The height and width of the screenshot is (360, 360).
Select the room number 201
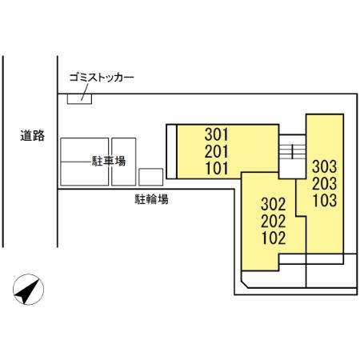pyautogui.click(x=217, y=152)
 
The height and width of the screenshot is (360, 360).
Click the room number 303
pyautogui.click(x=324, y=168)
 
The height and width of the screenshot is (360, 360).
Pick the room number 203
pyautogui.click(x=324, y=184)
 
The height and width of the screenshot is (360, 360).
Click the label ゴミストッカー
pyautogui.click(x=102, y=78)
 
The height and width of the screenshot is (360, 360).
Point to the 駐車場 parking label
pyautogui.click(x=110, y=162)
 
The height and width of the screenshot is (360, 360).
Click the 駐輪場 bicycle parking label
pyautogui.click(x=151, y=199)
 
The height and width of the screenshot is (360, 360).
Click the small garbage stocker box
pyautogui.click(x=79, y=98)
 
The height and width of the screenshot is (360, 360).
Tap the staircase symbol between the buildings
pyautogui.click(x=292, y=150)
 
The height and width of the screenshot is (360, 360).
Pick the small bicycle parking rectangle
pyautogui.click(x=150, y=177)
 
